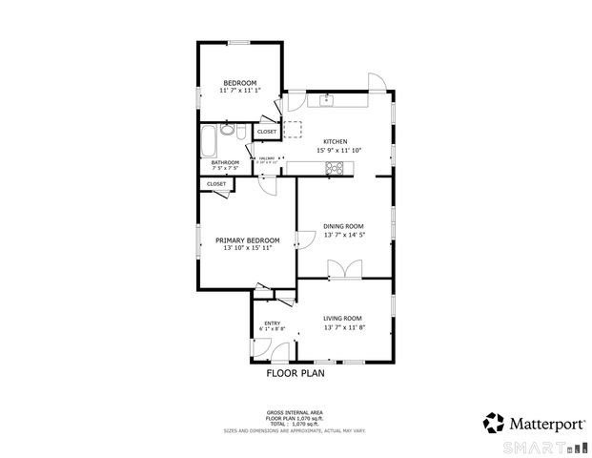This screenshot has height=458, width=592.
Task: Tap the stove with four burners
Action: [336, 169]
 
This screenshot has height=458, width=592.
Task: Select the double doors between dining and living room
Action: [337, 269]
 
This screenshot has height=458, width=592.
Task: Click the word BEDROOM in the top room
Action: [238, 82]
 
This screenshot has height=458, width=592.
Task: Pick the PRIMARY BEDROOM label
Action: [248, 239]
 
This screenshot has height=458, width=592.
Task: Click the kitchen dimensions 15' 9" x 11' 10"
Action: [338, 150]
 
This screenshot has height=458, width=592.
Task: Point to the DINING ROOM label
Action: [344, 225]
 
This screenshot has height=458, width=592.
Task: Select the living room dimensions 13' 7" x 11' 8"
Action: [344, 327]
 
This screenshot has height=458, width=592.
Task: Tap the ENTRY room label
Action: [273, 323]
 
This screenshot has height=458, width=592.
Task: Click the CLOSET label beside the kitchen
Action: [266, 132]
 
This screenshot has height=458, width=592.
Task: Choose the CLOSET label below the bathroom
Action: [216, 183]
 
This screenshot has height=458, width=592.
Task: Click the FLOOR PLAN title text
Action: [295, 374]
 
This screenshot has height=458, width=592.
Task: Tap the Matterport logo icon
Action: [493, 422]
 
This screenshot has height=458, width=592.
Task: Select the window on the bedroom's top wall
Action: [238, 42]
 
